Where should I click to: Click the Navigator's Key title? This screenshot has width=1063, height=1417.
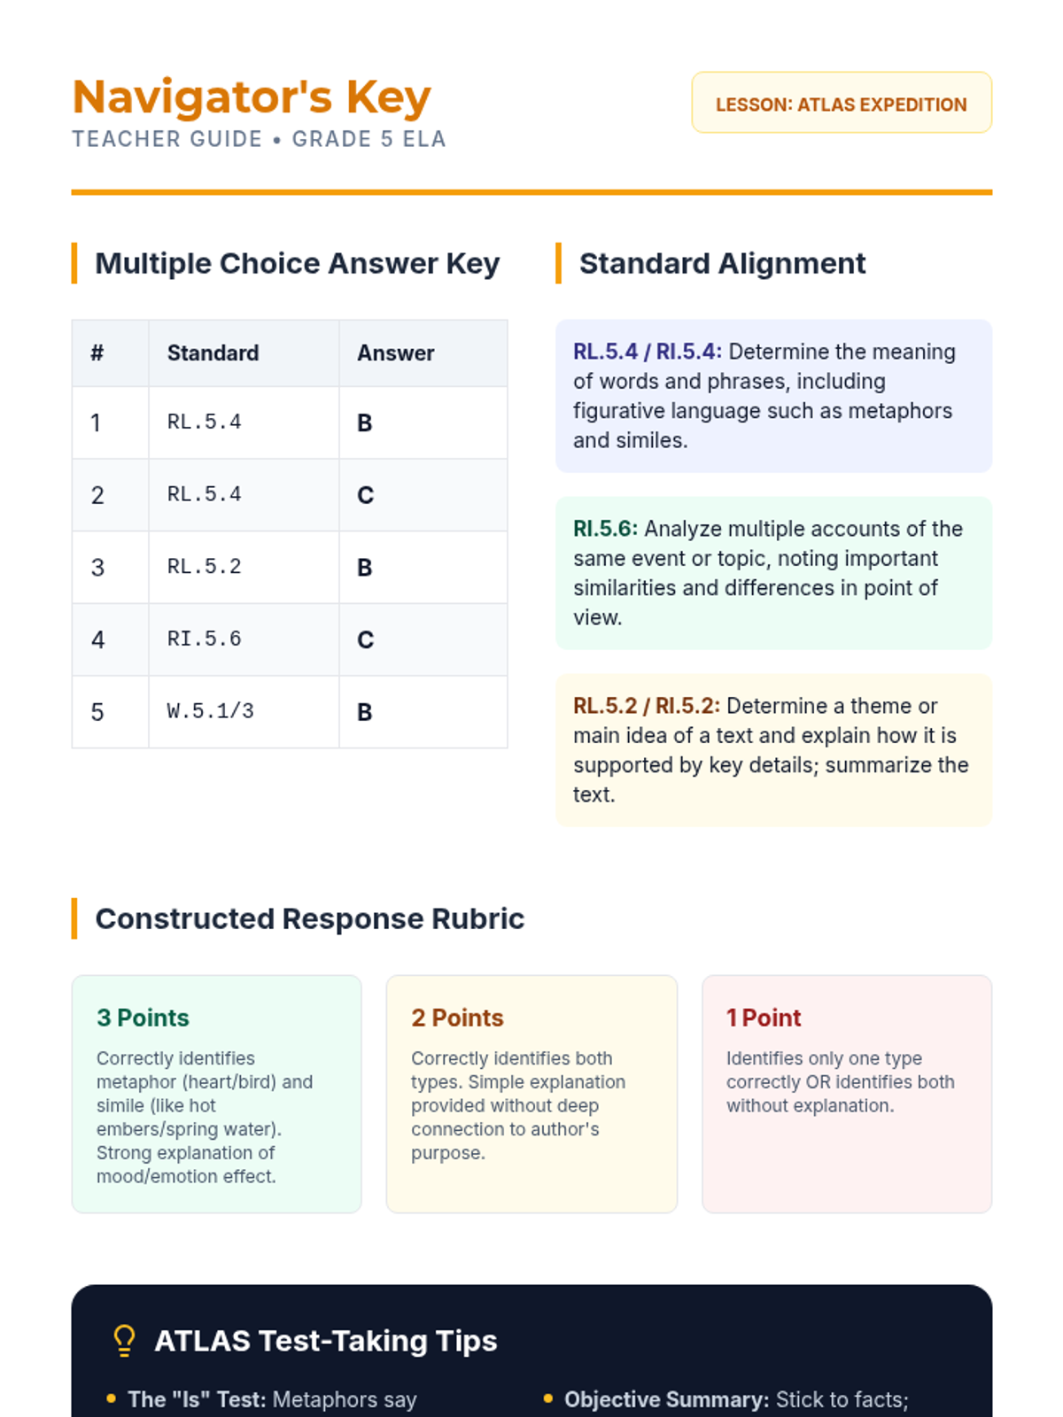point(252,97)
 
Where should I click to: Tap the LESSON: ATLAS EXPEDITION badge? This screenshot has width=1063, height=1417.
point(841,104)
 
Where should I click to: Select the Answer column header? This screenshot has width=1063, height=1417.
point(395,353)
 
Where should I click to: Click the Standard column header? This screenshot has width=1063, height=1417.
point(213,353)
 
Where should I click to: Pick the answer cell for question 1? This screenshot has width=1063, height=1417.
point(365,423)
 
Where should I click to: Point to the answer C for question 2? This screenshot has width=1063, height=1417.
point(365,495)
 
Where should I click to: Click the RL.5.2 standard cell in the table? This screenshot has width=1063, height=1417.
point(204,567)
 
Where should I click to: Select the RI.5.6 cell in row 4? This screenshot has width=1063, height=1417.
point(204,639)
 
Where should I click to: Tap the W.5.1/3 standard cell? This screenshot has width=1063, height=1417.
point(210,711)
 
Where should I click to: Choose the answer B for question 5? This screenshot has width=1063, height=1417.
point(364,712)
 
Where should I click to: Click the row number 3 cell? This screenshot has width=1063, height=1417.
point(97,568)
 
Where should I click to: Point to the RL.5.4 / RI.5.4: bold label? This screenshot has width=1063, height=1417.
point(647,352)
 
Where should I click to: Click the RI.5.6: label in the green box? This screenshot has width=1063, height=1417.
point(605,529)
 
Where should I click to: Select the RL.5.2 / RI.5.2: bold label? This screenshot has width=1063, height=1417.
point(646,706)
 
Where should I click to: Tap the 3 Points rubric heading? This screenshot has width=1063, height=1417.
point(143,1018)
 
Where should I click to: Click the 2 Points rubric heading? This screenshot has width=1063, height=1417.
point(457,1018)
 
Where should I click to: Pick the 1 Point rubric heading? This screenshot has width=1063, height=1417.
point(764,1018)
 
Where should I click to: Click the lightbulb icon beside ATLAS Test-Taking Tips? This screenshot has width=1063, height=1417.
point(124,1341)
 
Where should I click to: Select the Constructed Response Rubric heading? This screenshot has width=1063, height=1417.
point(309,919)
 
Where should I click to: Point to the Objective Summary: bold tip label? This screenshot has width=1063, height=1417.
point(666,1399)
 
